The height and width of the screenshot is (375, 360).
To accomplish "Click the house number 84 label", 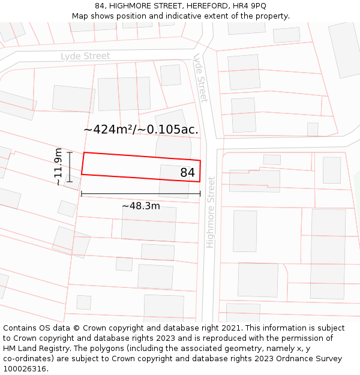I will point(187,173).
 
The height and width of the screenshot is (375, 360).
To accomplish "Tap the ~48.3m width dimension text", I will point(141,206).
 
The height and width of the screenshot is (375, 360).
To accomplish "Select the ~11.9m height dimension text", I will point(58,167).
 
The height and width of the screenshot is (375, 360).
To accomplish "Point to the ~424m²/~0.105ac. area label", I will point(141,129).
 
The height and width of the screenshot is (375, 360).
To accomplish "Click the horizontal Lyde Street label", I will point(85,56).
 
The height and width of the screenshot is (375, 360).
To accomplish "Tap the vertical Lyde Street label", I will point(200,78).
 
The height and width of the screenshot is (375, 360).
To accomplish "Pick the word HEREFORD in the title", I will point(202,6).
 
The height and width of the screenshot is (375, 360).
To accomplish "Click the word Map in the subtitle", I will point(80,16).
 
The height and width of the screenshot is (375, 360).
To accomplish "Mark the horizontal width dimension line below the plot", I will point(141,194).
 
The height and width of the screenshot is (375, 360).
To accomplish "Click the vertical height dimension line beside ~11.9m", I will point(70,167).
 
